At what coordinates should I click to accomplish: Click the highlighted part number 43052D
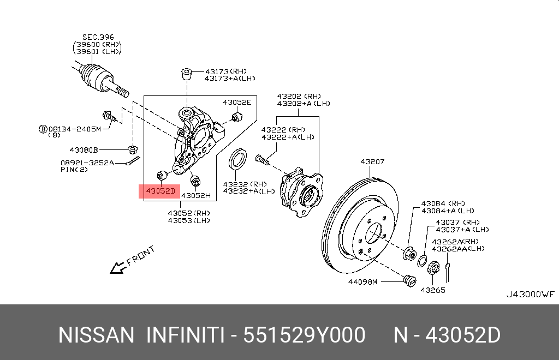tap(160, 191)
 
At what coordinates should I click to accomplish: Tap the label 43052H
tap(195, 195)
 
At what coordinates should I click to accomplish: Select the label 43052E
tap(236, 102)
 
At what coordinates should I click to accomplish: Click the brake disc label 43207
tap(372, 161)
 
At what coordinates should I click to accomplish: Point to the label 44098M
tap(363, 282)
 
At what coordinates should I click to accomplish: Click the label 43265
tap(432, 290)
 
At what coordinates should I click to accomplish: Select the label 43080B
tap(84, 149)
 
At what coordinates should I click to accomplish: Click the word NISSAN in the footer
tap(96, 335)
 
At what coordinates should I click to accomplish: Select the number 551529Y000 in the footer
tap(304, 335)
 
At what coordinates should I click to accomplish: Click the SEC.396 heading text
tap(98, 37)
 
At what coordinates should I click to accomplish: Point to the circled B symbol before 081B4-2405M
tap(43, 129)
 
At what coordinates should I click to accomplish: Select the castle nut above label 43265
tap(433, 268)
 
